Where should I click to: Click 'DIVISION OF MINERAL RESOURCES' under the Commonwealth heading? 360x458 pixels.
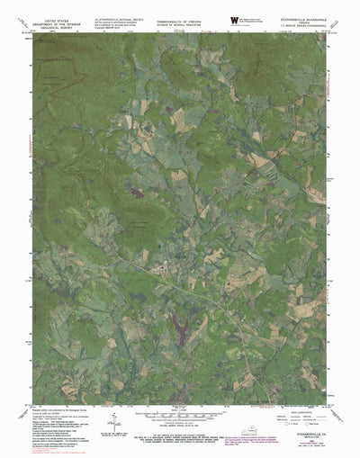click(x=179, y=23)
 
